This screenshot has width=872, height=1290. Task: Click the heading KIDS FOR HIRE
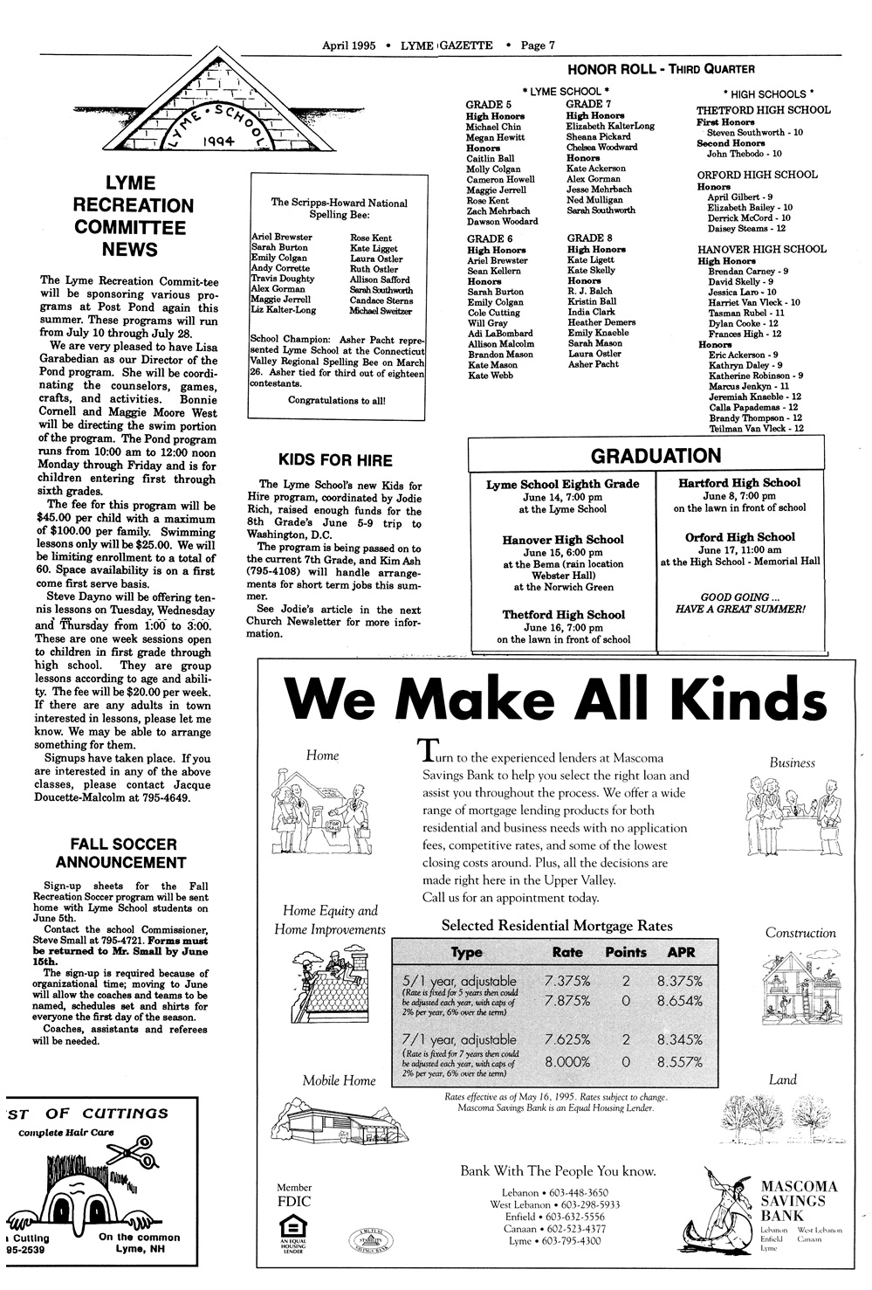[334, 460]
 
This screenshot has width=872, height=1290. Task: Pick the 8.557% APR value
[680, 1062]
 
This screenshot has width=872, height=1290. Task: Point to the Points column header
[626, 952]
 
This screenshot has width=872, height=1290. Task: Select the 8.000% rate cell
[567, 1062]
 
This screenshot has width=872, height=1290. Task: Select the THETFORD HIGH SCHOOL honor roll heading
[763, 110]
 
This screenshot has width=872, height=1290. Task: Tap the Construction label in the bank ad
[800, 933]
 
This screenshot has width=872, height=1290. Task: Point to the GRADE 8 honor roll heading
[589, 238]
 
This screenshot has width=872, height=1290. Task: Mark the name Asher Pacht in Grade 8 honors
[593, 364]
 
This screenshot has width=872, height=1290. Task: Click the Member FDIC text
[293, 1195]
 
